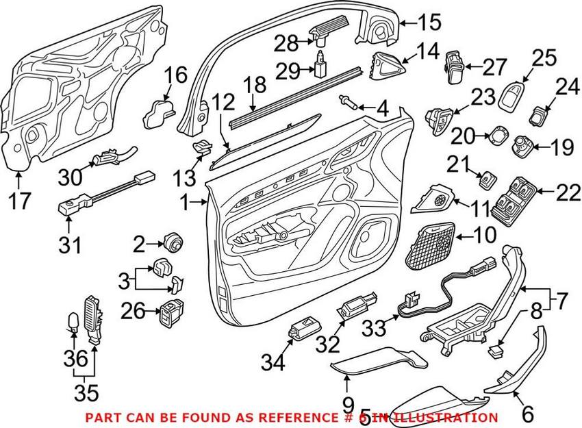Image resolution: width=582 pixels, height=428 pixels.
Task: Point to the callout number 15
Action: pos(429,23)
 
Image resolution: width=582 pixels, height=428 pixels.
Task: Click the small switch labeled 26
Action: pos(170,313)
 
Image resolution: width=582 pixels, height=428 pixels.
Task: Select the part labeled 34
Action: pos(301,329)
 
